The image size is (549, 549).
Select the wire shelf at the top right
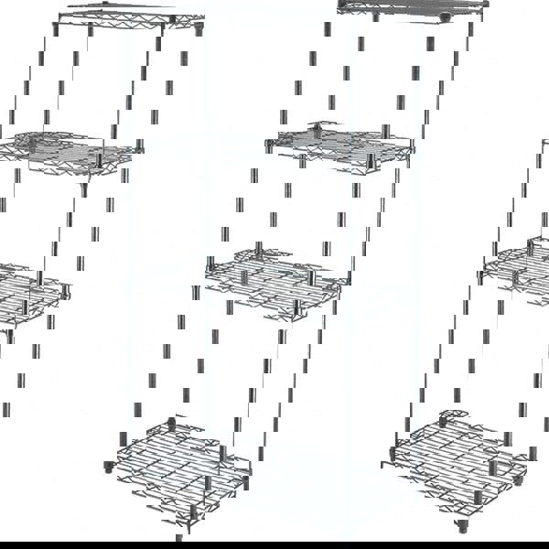pos(412,9)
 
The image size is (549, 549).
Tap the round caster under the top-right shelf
pos(446,17)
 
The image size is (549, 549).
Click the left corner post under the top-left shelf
pos(55,28)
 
